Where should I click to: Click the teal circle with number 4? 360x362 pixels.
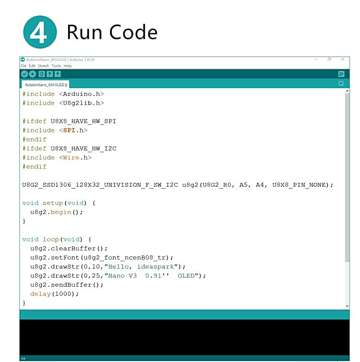tap(40, 32)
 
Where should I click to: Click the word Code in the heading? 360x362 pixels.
tap(133, 32)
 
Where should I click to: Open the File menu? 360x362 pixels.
tap(23, 66)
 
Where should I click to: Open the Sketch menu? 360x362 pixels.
tap(43, 66)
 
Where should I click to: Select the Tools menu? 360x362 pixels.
tap(56, 66)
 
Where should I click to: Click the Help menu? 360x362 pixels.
tap(68, 66)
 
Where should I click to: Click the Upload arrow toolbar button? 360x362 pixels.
tap(32, 74)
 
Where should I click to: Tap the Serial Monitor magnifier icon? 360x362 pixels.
tap(341, 74)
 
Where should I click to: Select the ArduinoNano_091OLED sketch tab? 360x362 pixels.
tap(46, 85)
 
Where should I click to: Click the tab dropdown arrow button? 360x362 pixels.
tap(341, 83)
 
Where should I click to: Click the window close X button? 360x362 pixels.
tap(343, 60)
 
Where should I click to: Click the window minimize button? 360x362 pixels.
tap(316, 60)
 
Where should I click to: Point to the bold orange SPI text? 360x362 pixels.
tap(69, 130)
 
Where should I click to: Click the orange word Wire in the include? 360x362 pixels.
tap(71, 158)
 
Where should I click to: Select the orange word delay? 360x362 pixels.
tap(40, 294)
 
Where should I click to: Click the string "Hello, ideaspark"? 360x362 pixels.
tap(141, 267)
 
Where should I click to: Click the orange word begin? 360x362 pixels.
tap(61, 212)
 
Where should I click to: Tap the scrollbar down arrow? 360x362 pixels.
tap(347, 306)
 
